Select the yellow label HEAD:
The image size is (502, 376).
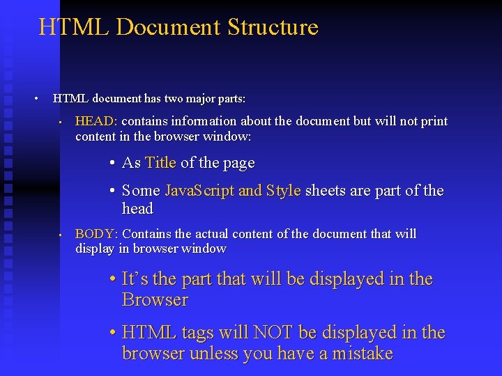tap(96, 121)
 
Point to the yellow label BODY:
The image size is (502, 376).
tap(96, 234)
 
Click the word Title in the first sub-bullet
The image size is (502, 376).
tap(160, 163)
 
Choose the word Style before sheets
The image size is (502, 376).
tap(283, 191)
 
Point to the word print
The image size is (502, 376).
tap(433, 121)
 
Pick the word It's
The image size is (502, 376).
tap(135, 279)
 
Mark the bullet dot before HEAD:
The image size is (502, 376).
tap(61, 122)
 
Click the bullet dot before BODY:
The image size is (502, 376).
tap(61, 235)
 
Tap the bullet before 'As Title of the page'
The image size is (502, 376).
tap(112, 164)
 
